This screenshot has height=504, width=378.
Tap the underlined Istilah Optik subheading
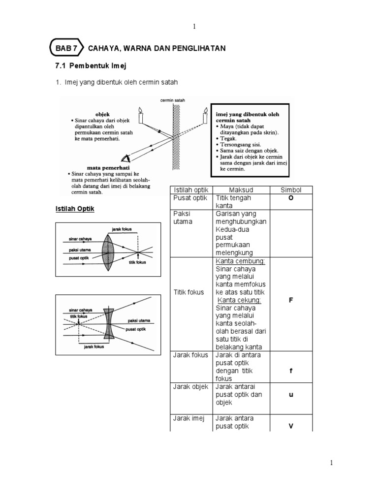74,209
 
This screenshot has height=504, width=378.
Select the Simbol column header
290,190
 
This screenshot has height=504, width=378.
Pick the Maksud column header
241,190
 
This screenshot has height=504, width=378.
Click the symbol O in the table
290,198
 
